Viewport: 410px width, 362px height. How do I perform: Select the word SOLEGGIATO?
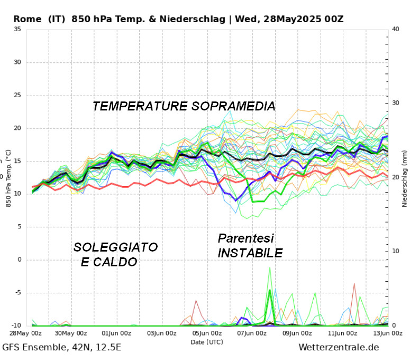click(115, 247)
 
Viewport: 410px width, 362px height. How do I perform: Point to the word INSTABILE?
click(250, 254)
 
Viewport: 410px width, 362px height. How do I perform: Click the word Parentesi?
click(246, 239)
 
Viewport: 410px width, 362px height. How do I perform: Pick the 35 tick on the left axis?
click(17, 29)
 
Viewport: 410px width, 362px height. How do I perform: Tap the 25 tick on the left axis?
click(17, 95)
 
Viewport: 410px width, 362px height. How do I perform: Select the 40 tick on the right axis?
click(395, 29)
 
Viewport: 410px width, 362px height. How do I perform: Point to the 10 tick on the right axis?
click(395, 252)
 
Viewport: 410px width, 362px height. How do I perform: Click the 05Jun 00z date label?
click(207, 333)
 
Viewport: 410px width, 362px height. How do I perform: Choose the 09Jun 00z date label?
click(297, 333)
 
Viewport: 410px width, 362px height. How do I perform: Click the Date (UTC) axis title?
click(207, 342)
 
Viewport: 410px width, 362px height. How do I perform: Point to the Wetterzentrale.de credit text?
click(339, 348)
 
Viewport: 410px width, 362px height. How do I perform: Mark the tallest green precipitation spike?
click(270, 268)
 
